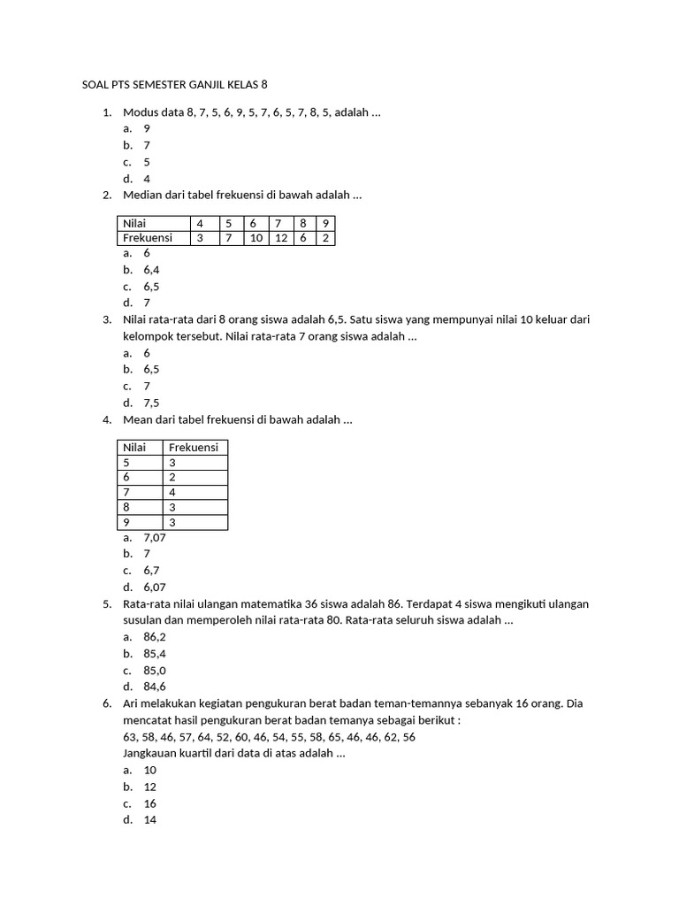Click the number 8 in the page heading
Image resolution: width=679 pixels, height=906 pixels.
[263, 85]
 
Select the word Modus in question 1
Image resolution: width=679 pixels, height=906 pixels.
[139, 112]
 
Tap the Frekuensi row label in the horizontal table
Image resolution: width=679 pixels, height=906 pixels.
[148, 237]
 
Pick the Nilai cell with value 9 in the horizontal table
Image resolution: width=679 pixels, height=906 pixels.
[324, 223]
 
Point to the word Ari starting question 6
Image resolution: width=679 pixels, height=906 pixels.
[132, 703]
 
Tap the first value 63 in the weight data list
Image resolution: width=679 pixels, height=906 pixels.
[129, 736]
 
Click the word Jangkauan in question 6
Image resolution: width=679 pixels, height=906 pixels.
[149, 753]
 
